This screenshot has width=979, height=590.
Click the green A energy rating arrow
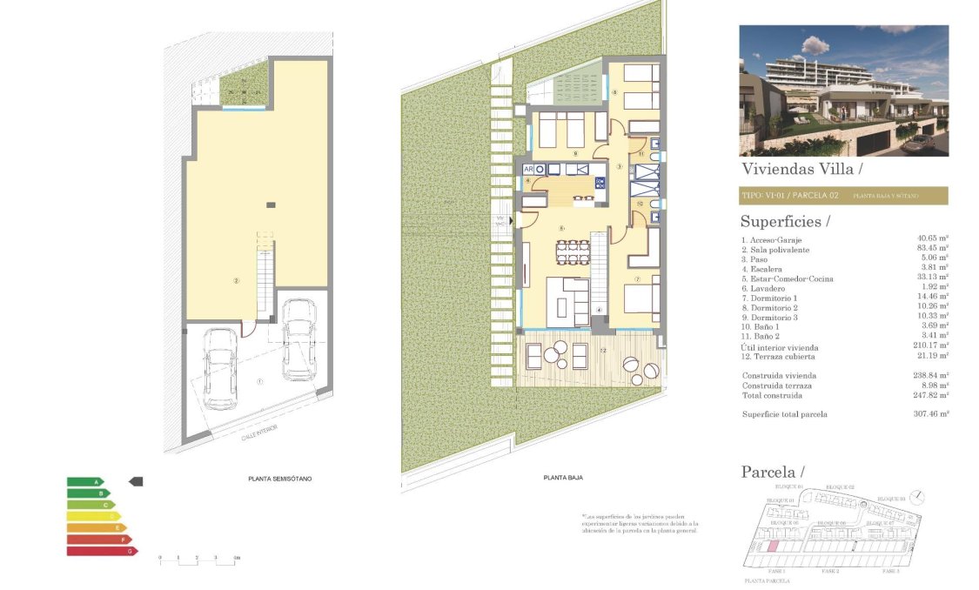click(x=84, y=481)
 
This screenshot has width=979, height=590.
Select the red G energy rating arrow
click(x=102, y=551)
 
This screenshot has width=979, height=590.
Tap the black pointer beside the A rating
click(x=136, y=481)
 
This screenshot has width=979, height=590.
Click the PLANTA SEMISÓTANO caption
click(x=279, y=479)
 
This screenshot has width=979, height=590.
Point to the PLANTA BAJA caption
click(x=562, y=478)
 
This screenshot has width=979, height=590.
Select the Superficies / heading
click(x=785, y=222)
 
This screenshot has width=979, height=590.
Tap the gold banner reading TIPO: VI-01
click(x=842, y=196)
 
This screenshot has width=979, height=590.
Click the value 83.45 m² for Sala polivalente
click(x=932, y=249)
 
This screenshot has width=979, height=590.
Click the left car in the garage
click(x=220, y=368)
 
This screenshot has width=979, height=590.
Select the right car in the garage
click(x=299, y=339)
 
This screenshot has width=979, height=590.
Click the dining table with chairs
click(x=573, y=251)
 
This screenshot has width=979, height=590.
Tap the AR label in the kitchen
click(x=527, y=169)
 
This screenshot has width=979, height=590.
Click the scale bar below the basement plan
click(x=198, y=559)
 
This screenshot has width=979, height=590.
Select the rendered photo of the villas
click(x=842, y=90)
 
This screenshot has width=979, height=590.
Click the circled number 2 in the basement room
click(x=236, y=280)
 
